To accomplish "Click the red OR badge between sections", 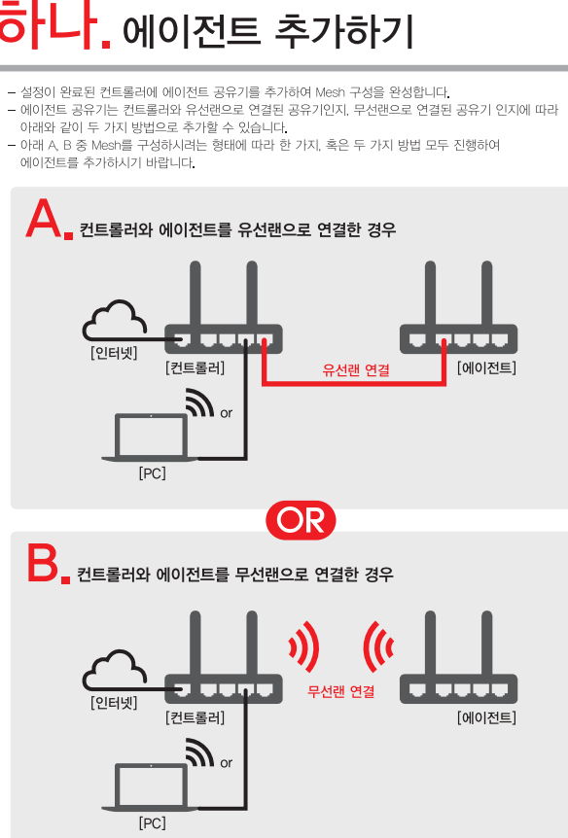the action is coord(301,519).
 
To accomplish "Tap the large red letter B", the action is coord(43,563).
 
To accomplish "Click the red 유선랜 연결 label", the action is coord(356,369).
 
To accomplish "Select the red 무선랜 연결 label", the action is coord(340,691).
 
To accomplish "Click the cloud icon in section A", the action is coord(115,321).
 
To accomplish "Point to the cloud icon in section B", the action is coord(115,670).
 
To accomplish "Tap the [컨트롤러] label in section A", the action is coord(195,367).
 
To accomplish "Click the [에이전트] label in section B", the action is coord(486,717).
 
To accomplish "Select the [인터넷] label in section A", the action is coord(115,353).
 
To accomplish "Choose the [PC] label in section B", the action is coord(153,823).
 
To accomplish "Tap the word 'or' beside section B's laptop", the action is coord(227,762).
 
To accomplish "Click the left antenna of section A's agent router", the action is coord(430,293).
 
